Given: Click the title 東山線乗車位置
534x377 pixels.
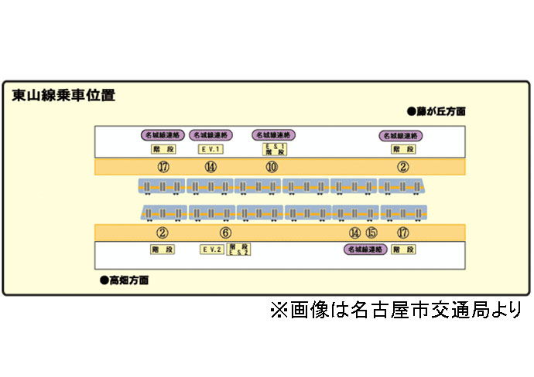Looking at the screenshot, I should (x=63, y=96).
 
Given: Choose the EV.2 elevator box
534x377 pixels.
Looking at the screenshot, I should (x=211, y=250).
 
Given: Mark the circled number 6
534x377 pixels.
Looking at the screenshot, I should (x=225, y=233).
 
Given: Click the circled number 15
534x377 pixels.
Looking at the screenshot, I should (x=371, y=233).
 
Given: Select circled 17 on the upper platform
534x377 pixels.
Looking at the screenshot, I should (x=163, y=168).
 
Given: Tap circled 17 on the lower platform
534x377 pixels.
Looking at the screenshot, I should (x=402, y=233).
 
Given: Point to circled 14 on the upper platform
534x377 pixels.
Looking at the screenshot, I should (x=210, y=168).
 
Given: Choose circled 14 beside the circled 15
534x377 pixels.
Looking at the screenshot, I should (x=354, y=233).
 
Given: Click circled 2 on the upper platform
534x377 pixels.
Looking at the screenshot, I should (x=402, y=168).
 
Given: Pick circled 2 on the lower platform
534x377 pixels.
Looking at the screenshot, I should (x=163, y=233).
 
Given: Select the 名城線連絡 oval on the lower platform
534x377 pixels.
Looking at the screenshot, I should (x=365, y=250).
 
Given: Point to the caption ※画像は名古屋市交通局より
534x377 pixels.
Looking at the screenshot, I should (x=395, y=311).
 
